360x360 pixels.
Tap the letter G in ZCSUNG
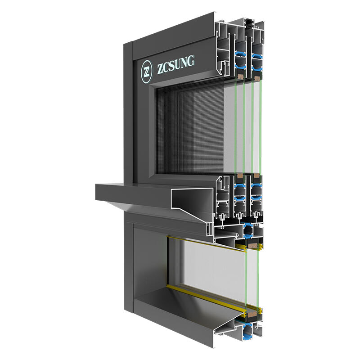[189, 62]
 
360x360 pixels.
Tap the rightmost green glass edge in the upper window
[261, 126]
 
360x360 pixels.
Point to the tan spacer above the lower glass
[255, 247]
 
